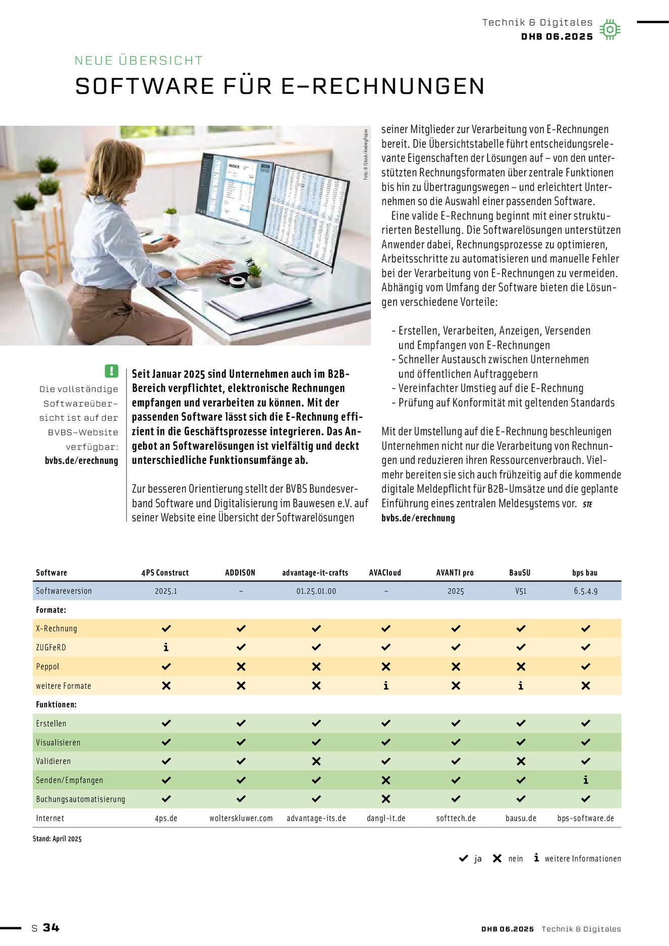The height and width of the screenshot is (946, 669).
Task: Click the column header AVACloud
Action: point(385,573)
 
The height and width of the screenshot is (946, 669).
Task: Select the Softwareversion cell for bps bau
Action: point(585,591)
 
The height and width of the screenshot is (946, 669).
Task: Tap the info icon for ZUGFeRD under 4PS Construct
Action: point(166,647)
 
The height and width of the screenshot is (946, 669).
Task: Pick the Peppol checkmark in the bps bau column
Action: point(585,666)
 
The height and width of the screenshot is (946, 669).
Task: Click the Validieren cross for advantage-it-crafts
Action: point(316,761)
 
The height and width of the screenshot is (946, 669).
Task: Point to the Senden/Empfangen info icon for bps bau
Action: point(585,780)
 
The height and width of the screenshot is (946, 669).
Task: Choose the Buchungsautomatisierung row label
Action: point(80,799)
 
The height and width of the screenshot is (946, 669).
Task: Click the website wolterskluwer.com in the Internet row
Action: point(241,818)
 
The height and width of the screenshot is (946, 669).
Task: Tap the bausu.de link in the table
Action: point(521,818)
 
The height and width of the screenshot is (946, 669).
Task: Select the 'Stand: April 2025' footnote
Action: point(57,839)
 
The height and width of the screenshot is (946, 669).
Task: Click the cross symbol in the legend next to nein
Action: point(497,858)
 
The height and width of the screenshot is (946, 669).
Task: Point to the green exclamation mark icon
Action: point(111,371)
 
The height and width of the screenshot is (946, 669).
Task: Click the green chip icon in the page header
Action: point(609,30)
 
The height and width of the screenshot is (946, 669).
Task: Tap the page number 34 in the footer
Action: point(51,928)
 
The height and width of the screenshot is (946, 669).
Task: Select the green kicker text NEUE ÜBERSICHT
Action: point(139,61)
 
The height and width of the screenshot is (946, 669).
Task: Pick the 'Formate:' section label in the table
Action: point(51,610)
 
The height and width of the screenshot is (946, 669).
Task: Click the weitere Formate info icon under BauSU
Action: point(521,686)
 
